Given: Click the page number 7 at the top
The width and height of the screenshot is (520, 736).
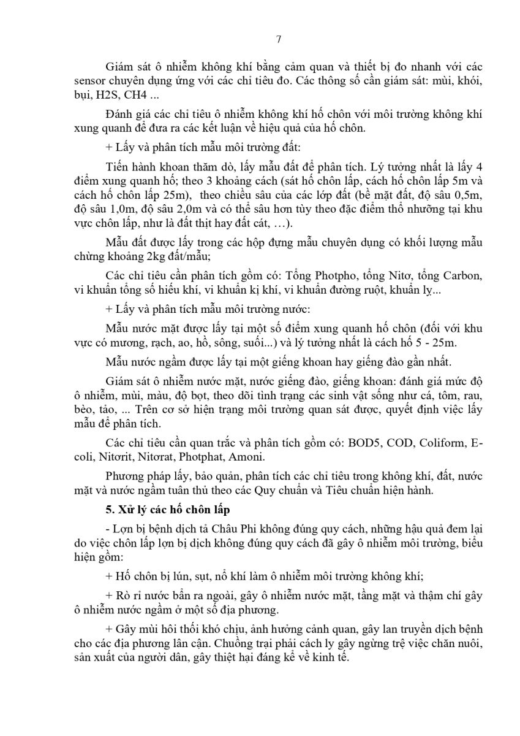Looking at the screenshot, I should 279,40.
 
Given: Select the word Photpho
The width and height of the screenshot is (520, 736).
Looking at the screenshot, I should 326,274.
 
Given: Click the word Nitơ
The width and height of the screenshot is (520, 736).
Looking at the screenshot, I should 399,274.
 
